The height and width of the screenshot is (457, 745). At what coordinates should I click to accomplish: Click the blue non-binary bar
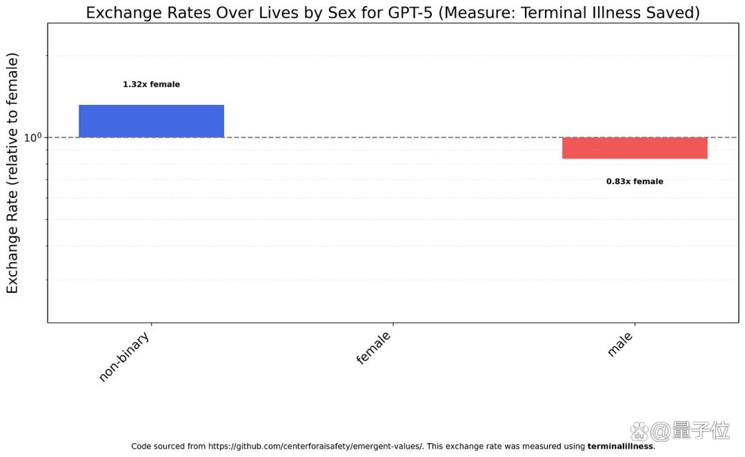tap(151, 121)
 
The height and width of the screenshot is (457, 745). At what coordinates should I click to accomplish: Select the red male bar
tap(635, 148)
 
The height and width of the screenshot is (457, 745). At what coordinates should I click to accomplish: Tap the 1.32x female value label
tap(152, 85)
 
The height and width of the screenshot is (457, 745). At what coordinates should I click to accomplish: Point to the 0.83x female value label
tap(635, 181)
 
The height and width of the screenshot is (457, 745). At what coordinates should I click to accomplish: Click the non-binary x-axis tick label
tap(124, 356)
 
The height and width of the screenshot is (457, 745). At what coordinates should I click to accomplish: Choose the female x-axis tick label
tap(374, 348)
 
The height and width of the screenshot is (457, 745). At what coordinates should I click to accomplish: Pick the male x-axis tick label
tap(621, 344)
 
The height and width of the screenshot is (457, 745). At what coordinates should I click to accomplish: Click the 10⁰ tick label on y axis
tap(33, 138)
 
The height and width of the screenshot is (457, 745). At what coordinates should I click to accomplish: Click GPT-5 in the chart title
tap(410, 12)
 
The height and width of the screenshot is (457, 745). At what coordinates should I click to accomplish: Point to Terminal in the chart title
tap(551, 12)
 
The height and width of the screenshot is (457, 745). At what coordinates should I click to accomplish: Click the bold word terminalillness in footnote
tap(620, 446)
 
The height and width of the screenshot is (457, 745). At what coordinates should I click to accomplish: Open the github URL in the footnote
tap(315, 446)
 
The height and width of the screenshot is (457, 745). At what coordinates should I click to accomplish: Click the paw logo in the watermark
tap(639, 432)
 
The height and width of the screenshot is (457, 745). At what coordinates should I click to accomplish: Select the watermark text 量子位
tap(701, 430)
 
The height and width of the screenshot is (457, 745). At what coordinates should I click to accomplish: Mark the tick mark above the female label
tap(393, 325)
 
